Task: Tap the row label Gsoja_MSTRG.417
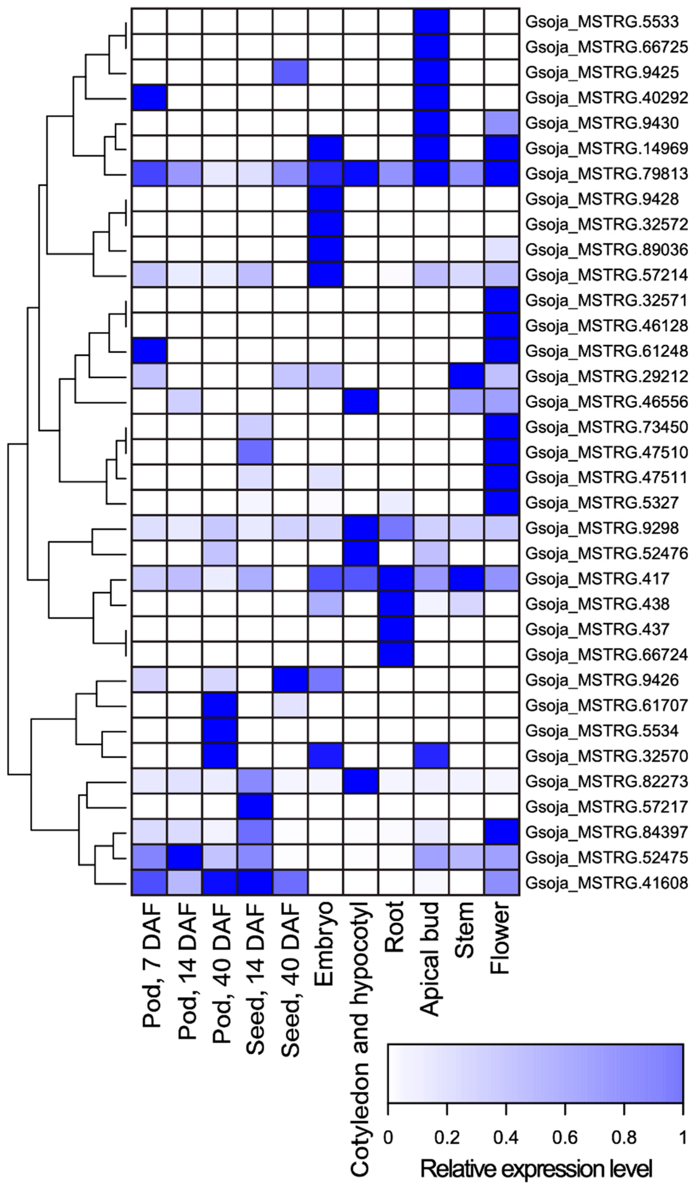[x=597, y=579]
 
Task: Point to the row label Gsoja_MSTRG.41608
[x=606, y=882]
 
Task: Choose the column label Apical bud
[x=430, y=959]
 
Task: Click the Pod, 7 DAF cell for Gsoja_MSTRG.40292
[x=149, y=98]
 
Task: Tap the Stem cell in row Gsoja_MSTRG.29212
[x=466, y=376]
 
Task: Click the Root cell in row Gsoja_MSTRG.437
[x=396, y=629]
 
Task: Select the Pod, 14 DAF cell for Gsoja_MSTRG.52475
[x=184, y=857]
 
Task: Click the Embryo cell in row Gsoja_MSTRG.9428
[x=325, y=199]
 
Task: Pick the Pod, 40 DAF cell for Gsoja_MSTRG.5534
[x=219, y=731]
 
